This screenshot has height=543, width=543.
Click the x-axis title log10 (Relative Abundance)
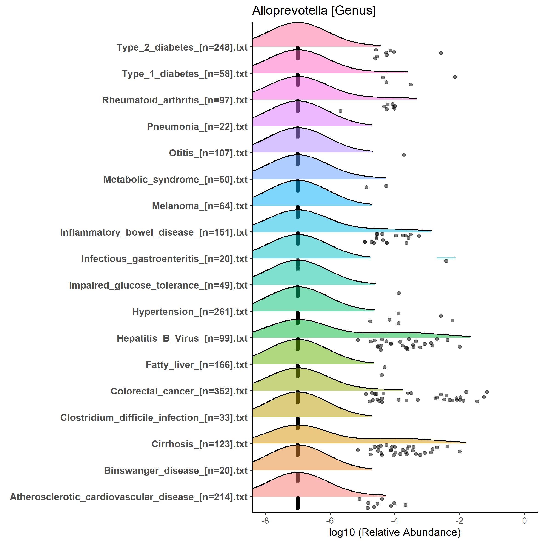tap(394, 532)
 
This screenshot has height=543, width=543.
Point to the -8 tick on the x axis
tap(265, 520)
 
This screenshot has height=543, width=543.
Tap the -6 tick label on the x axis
tap(330, 520)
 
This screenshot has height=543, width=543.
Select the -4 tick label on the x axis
tap(394, 520)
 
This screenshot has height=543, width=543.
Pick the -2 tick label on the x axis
tap(459, 520)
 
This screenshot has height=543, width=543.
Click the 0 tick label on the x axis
tap(524, 520)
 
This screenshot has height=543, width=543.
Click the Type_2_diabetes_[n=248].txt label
tap(182, 47)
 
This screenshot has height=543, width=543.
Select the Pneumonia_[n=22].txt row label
tap(197, 126)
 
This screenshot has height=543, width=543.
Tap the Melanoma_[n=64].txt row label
tap(200, 206)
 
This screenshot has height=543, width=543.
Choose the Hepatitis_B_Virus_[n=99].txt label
tap(182, 338)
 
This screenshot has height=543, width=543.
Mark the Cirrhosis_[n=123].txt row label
tap(200, 444)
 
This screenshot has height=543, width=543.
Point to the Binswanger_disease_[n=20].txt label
tap(176, 471)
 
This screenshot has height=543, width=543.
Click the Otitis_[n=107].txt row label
tap(208, 153)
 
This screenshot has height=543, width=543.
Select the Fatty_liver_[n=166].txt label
tap(197, 365)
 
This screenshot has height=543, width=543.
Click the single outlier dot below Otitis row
tap(404, 155)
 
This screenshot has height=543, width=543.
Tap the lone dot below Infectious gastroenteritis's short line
tap(446, 261)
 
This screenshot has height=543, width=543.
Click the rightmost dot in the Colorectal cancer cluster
tap(487, 392)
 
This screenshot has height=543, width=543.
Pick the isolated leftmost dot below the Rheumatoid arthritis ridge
tap(340, 111)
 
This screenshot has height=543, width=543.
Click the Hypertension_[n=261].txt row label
tap(190, 312)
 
